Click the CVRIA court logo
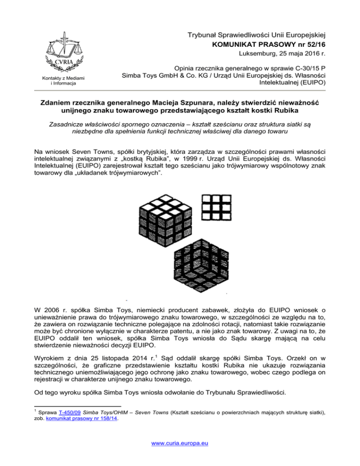pyautogui.click(x=59, y=57)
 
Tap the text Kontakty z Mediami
pyautogui.click(x=59, y=78)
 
